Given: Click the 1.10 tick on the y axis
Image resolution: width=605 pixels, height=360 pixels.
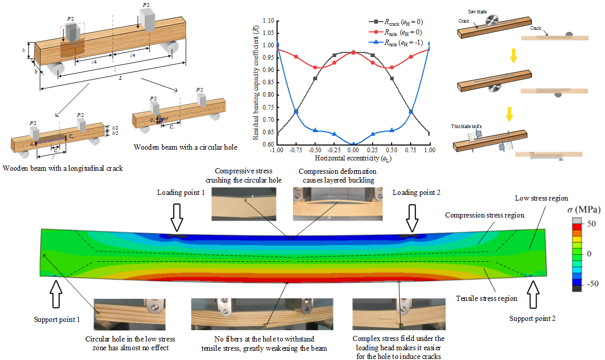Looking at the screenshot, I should pos(269,21).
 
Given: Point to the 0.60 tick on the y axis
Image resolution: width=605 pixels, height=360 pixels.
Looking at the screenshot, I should pos(269,145).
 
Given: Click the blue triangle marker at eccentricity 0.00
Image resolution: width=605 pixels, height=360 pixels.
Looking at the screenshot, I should pos(353,145).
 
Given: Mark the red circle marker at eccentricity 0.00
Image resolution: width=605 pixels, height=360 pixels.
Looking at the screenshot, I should pos(353,52).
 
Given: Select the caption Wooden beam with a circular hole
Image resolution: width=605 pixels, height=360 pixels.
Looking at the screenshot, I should pos(186,147).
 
